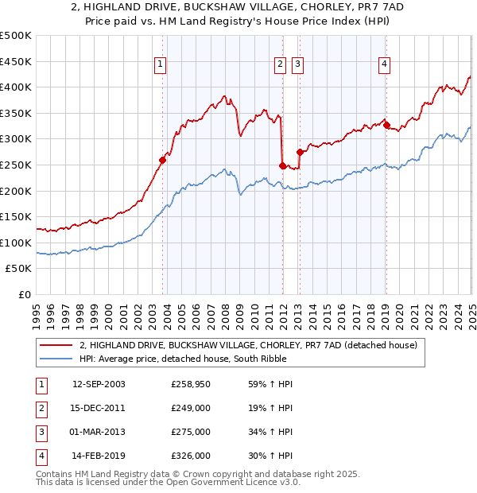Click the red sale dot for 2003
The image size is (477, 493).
click(163, 160)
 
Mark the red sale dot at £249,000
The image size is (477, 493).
click(283, 165)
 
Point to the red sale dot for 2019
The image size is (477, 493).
click(386, 125)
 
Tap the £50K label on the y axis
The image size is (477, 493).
click(19, 269)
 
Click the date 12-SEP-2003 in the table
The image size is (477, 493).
click(99, 384)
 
